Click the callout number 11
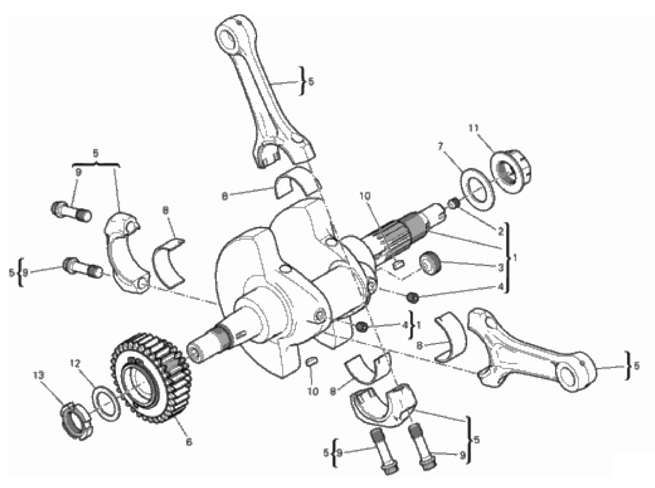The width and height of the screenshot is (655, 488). click(473, 127)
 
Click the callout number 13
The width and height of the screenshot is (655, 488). click(38, 375)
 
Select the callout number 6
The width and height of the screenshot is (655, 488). click(189, 442)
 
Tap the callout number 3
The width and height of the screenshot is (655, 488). click(501, 267)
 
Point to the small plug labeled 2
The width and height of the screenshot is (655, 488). click(454, 204)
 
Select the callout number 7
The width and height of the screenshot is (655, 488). click(440, 146)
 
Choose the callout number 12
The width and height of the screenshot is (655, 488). click(74, 364)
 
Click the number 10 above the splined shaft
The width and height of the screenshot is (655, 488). click(364, 196)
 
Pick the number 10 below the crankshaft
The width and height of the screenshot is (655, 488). click(313, 392)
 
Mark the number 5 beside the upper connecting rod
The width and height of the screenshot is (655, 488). click(311, 81)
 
